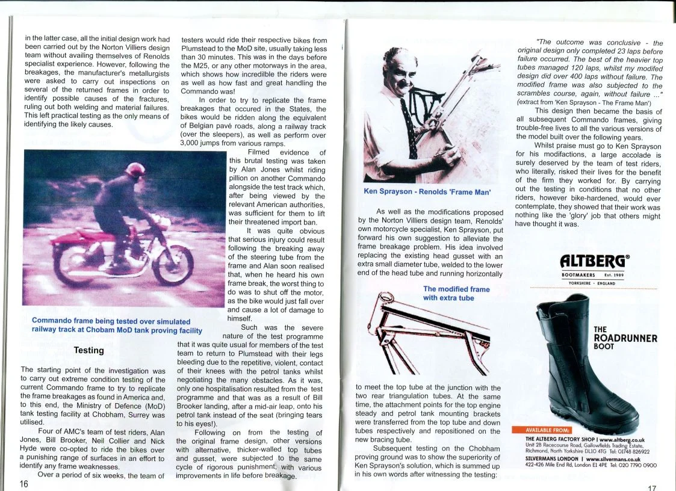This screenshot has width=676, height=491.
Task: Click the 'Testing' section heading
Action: tap(88, 350)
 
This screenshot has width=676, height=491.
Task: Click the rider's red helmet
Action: tap(134, 170)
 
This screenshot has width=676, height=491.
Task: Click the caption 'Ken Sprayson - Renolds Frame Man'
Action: tap(427, 192)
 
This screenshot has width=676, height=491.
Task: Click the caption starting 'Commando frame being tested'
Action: tap(117, 326)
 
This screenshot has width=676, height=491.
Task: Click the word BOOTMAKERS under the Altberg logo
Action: tap(577, 275)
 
